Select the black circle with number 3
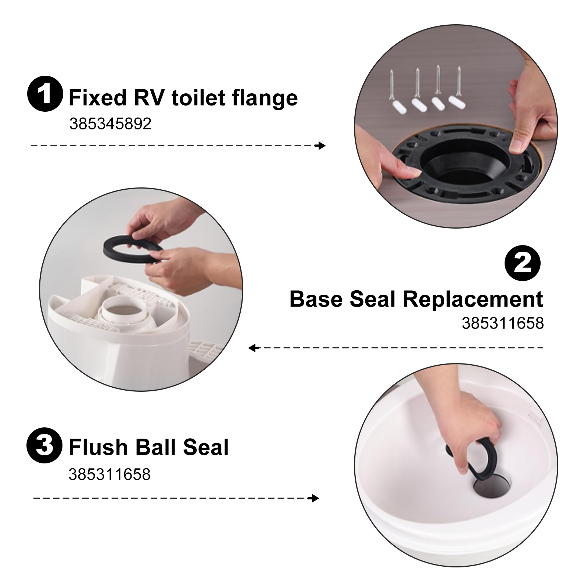(x=44, y=447)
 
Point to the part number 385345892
(x=110, y=124)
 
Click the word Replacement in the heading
(x=473, y=299)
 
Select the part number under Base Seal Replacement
(x=503, y=323)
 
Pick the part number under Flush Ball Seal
(x=110, y=474)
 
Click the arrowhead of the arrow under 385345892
(x=322, y=146)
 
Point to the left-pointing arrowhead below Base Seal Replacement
(x=252, y=348)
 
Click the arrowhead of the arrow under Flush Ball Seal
(x=315, y=498)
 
